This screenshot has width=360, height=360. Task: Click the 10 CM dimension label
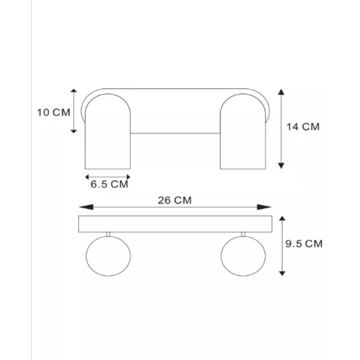pyautogui.click(x=54, y=112)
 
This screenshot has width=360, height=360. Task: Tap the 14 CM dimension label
pyautogui.click(x=303, y=127)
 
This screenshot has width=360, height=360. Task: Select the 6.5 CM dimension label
pyautogui.click(x=109, y=184)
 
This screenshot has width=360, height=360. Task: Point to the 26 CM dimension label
pyautogui.click(x=175, y=200)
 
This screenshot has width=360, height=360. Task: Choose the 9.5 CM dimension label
pyautogui.click(x=304, y=243)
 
